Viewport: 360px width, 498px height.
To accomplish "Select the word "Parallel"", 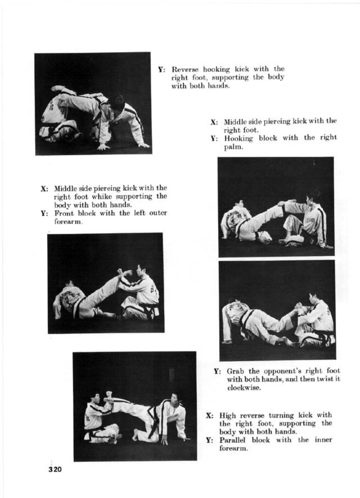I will click(233, 440).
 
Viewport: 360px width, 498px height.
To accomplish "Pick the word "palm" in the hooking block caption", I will click(232, 147).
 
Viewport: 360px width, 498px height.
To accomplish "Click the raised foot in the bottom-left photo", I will click(109, 394).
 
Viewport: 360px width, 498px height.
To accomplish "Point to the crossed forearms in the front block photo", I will click(123, 273).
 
